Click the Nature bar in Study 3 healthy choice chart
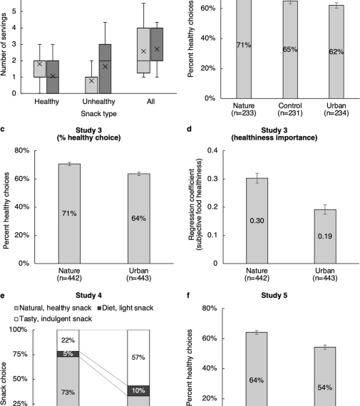click(x=69, y=214)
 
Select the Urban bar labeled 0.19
click(x=325, y=236)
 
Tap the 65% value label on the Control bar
click(x=290, y=49)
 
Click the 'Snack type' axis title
click(x=99, y=114)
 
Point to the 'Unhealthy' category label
click(x=99, y=101)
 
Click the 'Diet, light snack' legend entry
click(x=125, y=308)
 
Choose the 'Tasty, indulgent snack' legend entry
click(x=53, y=318)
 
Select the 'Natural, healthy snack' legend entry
click(x=53, y=308)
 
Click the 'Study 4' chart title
click(x=88, y=296)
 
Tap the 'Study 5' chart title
click(x=274, y=296)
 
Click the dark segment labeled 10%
click(x=138, y=390)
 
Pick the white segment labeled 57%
click(x=138, y=358)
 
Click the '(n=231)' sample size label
click(x=290, y=113)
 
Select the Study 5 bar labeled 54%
click(x=325, y=377)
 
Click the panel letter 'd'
click(x=189, y=129)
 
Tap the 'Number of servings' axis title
click(x=4, y=44)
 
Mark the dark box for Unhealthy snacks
click(x=105, y=69)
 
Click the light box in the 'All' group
click(x=143, y=51)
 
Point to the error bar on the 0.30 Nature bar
click(x=257, y=178)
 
